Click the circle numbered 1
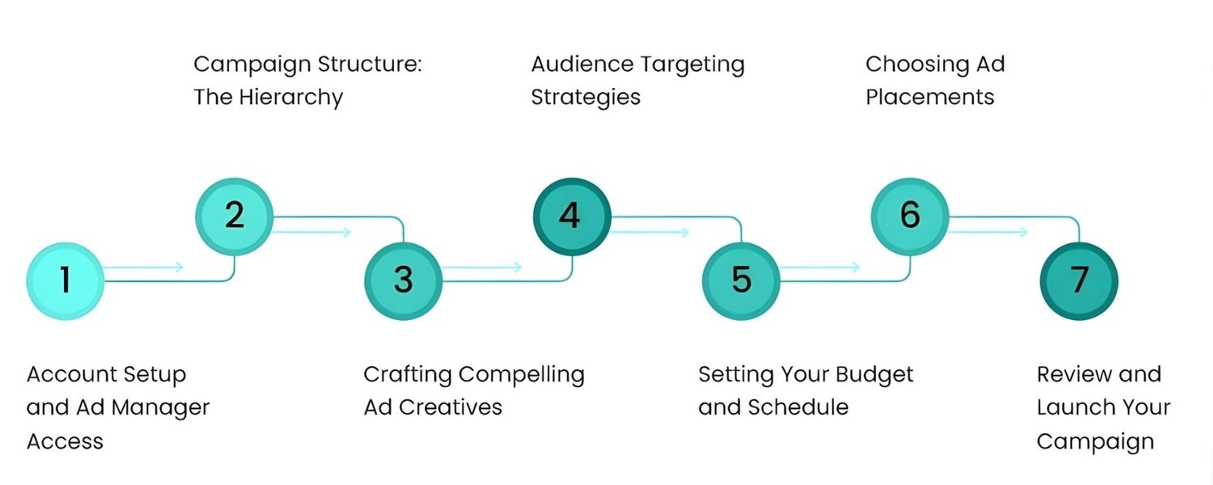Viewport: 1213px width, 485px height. tap(66, 280)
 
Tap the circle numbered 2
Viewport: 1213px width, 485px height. tap(235, 216)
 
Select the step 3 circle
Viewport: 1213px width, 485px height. tap(404, 280)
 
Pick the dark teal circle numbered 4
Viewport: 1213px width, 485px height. tap(571, 216)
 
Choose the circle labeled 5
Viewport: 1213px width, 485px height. tap(741, 280)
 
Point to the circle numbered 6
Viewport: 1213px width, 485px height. tap(910, 216)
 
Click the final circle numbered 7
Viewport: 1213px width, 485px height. tap(1079, 280)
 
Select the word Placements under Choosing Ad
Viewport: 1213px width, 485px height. tap(930, 98)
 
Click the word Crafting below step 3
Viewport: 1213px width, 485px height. tap(408, 375)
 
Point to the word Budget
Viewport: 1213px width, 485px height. tap(874, 375)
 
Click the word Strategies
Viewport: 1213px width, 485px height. tap(585, 98)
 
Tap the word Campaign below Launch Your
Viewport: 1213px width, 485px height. tap(1095, 441)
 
